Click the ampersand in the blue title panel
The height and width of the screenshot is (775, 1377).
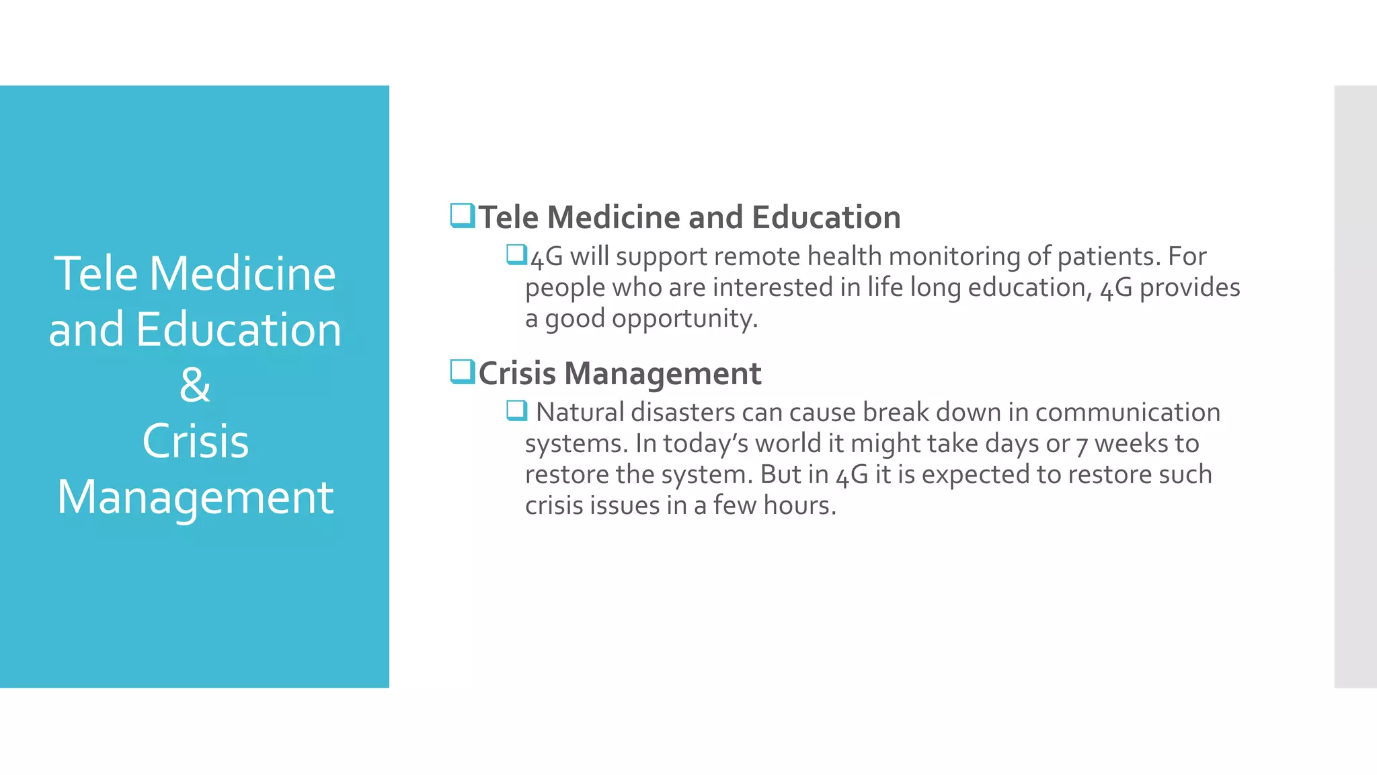195,385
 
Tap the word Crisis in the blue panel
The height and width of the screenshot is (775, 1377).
195,441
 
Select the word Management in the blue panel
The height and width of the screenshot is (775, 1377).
195,498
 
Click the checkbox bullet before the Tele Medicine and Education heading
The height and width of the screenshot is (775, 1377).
463,216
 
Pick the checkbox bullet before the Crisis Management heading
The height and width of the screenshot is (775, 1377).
463,372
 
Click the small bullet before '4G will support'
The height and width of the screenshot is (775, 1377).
516,255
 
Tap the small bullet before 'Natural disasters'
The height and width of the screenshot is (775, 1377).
516,410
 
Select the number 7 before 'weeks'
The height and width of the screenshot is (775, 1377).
1081,445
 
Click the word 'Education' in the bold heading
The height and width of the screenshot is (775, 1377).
826,217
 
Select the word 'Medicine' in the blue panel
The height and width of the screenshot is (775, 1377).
242,274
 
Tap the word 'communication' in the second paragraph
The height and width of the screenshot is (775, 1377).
1128,412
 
